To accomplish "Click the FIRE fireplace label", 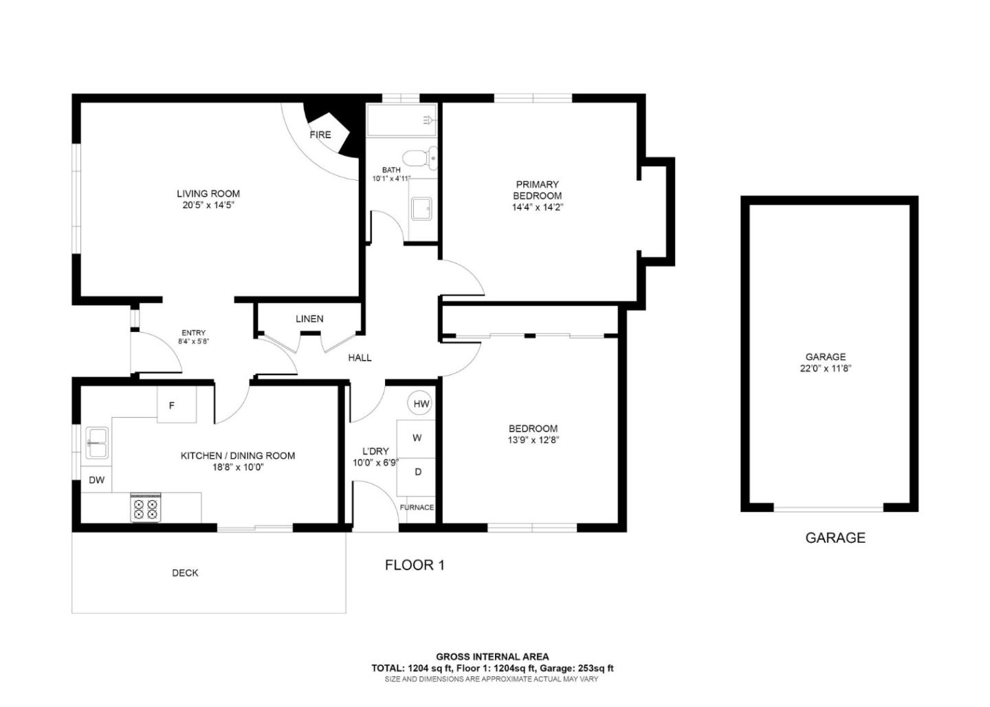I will pyautogui.click(x=320, y=135).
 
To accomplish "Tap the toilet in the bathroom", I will pyautogui.click(x=420, y=158).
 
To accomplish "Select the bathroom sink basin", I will pyautogui.click(x=421, y=207).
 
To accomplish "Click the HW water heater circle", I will pyautogui.click(x=421, y=404).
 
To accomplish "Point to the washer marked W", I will pyautogui.click(x=417, y=438).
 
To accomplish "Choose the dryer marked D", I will pyautogui.click(x=417, y=472).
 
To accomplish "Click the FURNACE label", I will pyautogui.click(x=417, y=508).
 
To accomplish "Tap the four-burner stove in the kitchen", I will pyautogui.click(x=146, y=508).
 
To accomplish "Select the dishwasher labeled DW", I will pyautogui.click(x=96, y=480).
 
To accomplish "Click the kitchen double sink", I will pyautogui.click(x=97, y=442).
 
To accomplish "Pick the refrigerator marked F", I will pyautogui.click(x=173, y=405).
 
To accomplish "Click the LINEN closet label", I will pyautogui.click(x=309, y=319).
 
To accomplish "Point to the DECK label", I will pyautogui.click(x=185, y=573).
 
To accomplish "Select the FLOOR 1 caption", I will pyautogui.click(x=415, y=565).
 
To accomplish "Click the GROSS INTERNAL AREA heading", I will pyautogui.click(x=492, y=657).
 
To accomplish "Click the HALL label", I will pyautogui.click(x=360, y=357).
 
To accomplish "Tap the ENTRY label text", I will pyautogui.click(x=193, y=333).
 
